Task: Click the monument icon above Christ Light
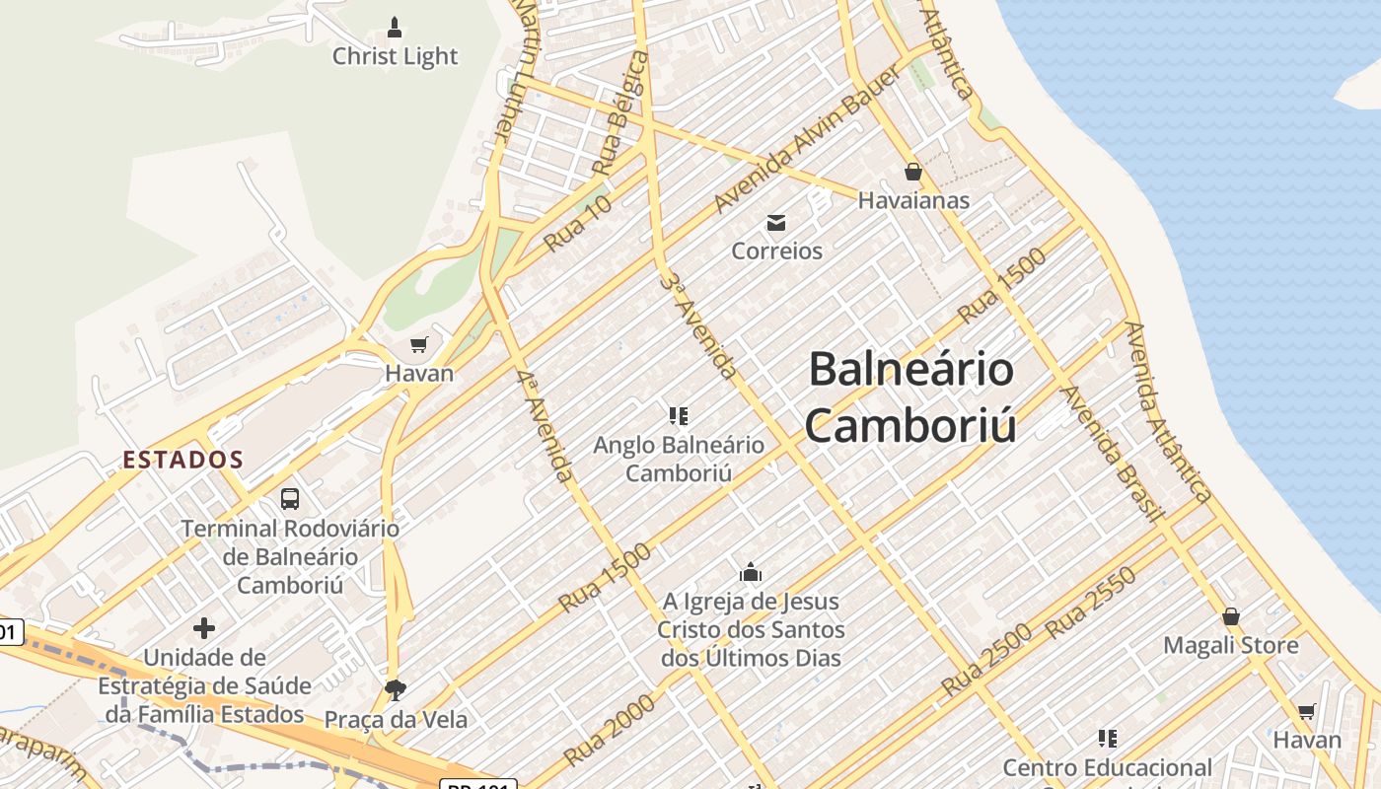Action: click(x=395, y=27)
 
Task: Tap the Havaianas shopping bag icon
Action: click(x=913, y=172)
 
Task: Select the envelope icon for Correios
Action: click(x=776, y=223)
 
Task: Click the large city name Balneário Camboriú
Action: click(x=910, y=396)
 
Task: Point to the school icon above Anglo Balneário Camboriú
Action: click(x=678, y=416)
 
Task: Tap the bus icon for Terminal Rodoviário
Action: click(x=289, y=499)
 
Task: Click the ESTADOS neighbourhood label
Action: click(x=182, y=460)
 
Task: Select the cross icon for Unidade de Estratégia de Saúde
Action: click(x=204, y=627)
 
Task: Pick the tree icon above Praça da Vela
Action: click(x=396, y=688)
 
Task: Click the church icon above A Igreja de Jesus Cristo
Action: click(x=751, y=572)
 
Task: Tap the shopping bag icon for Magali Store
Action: click(x=1231, y=617)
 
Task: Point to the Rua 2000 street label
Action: click(x=610, y=731)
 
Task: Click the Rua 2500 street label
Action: click(x=986, y=660)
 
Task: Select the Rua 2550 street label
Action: click(x=1091, y=603)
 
